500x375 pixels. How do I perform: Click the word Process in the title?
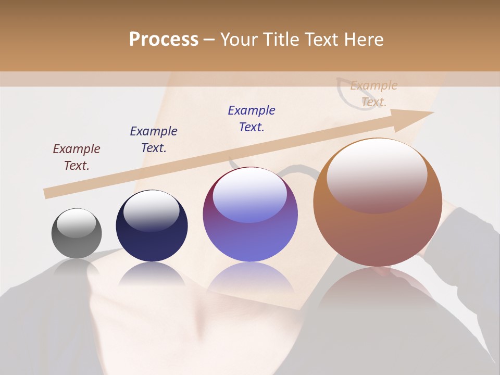pyautogui.click(x=164, y=40)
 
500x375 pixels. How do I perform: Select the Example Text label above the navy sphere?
pyautogui.click(x=154, y=140)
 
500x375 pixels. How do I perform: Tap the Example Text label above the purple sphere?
pyautogui.click(x=252, y=119)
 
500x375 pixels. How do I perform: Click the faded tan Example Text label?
pyautogui.click(x=374, y=94)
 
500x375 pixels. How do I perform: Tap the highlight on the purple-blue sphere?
pyautogui.click(x=249, y=194)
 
